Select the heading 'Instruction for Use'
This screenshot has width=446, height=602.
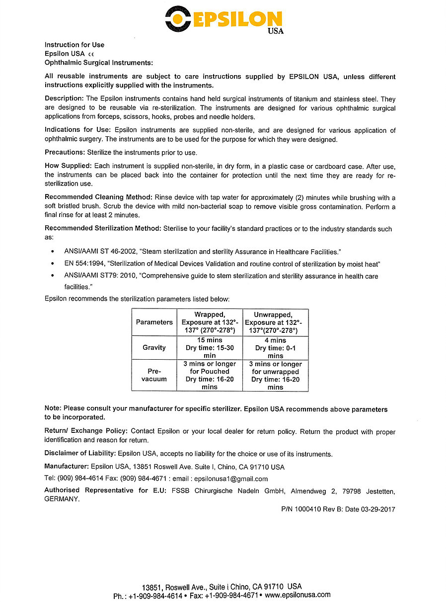[x=74, y=45]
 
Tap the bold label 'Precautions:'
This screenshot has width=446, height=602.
[x=65, y=152]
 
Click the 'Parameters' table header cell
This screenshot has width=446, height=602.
[x=154, y=322]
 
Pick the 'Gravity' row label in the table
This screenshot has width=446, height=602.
[x=154, y=348]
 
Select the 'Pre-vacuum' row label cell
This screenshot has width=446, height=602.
[x=154, y=375]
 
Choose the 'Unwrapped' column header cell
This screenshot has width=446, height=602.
[x=275, y=322]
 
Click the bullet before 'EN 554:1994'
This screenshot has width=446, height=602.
[x=53, y=264]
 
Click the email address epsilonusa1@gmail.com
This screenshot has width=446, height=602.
[x=231, y=479]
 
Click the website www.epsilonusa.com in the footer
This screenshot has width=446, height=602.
[x=298, y=595]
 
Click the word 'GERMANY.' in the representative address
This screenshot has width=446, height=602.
[x=62, y=499]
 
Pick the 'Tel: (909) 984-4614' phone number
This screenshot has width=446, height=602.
[x=74, y=479]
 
